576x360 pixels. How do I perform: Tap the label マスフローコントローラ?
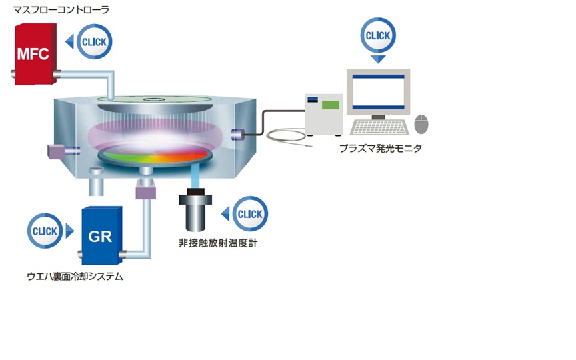pyautogui.click(x=61, y=10)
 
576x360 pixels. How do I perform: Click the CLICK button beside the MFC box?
pyautogui.click(x=94, y=42)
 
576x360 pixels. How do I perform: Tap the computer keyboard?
pyautogui.click(x=379, y=127)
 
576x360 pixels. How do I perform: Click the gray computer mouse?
pyautogui.click(x=421, y=123)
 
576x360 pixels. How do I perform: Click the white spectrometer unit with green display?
pyautogui.click(x=324, y=113)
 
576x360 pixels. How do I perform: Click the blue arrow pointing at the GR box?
pyautogui.click(x=69, y=233)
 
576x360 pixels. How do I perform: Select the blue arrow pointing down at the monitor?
pyautogui.click(x=378, y=58)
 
